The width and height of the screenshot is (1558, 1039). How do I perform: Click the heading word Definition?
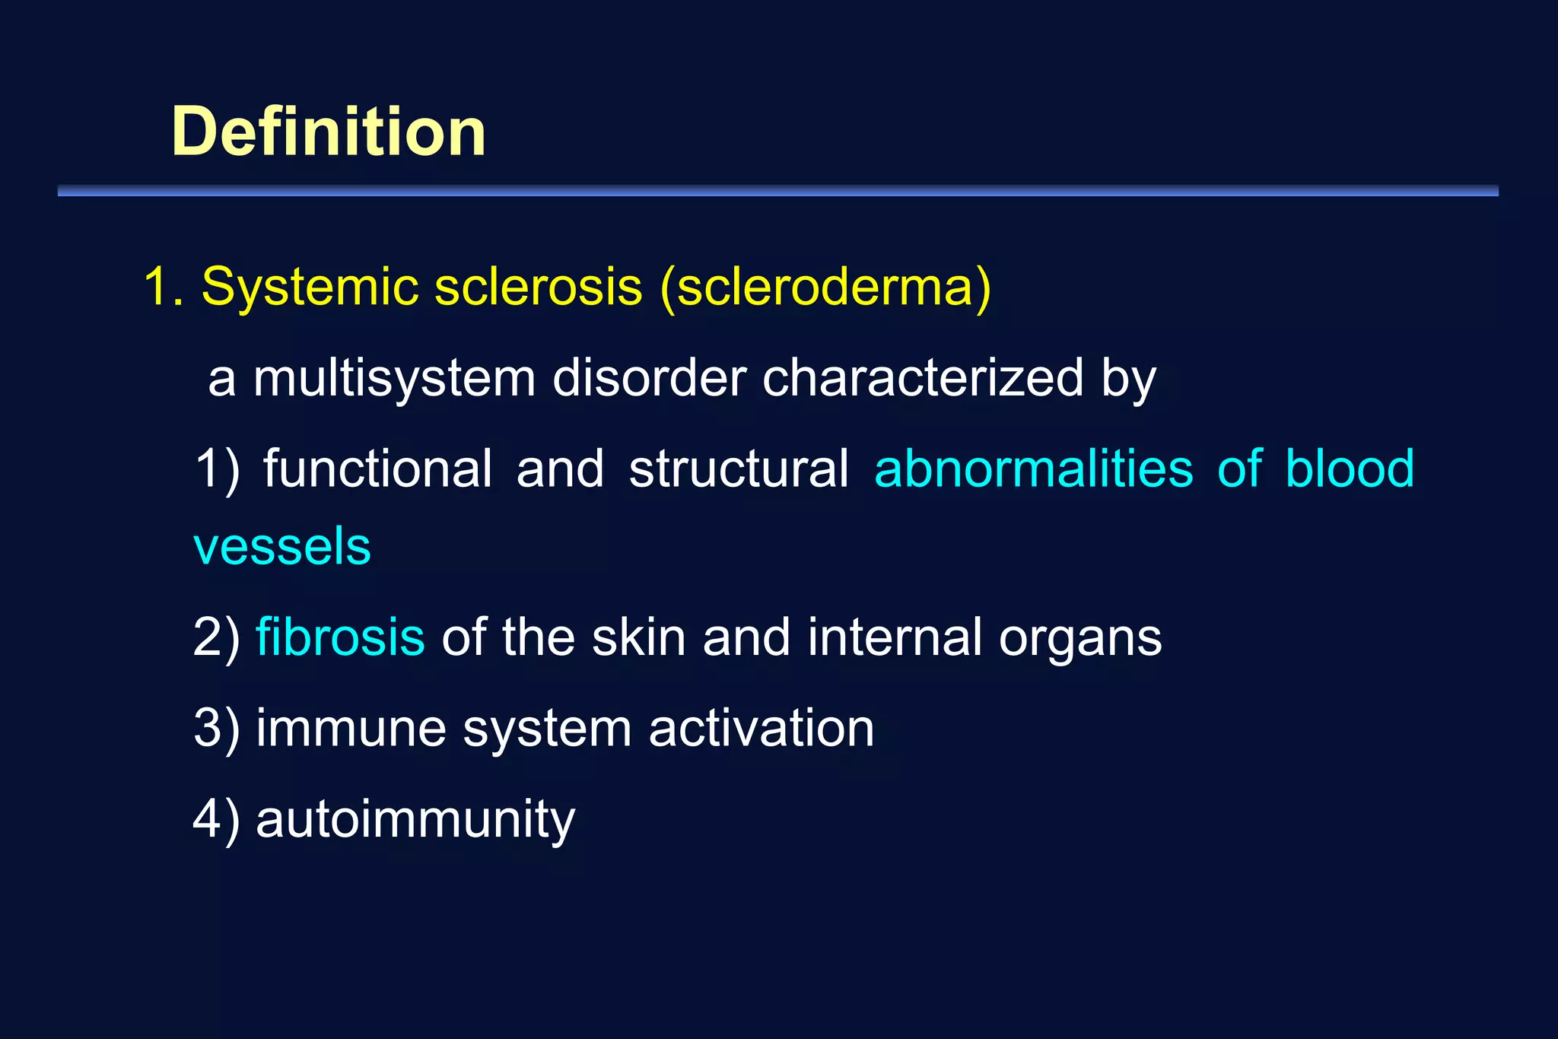(329, 132)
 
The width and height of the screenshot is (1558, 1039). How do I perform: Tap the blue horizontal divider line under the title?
(777, 191)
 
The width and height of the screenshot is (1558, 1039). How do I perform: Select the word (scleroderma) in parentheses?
(825, 288)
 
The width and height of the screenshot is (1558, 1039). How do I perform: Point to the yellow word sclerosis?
(539, 288)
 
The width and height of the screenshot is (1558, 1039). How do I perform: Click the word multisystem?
(394, 378)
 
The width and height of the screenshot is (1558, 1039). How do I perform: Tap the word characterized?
(923, 378)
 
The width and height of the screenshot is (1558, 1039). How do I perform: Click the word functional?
(377, 469)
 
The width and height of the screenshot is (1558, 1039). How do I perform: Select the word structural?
(739, 469)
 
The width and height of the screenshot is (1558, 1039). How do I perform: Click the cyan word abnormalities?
(1034, 469)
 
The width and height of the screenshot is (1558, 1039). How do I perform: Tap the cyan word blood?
(1350, 469)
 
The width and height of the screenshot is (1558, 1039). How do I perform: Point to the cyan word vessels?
(282, 547)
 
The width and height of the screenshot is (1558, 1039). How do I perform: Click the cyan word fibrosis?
(340, 637)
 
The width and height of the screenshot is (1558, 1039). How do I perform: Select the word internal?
(895, 637)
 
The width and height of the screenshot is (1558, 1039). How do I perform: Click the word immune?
(351, 729)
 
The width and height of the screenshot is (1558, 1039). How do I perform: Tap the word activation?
(762, 729)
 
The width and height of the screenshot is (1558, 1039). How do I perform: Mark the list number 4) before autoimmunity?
(216, 820)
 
